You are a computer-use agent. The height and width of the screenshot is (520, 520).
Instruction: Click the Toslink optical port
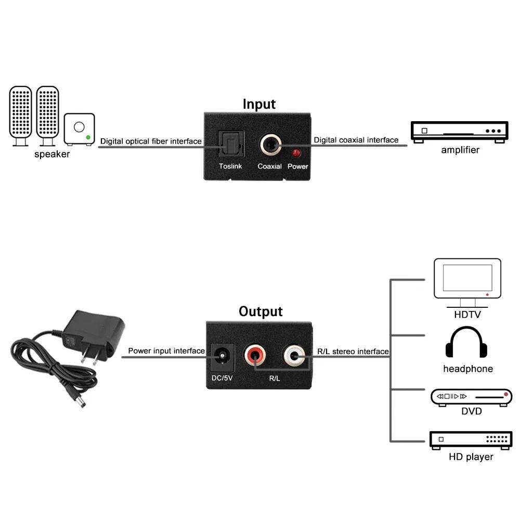pyautogui.click(x=229, y=144)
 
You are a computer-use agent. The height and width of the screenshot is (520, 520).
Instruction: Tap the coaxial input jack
pyautogui.click(x=270, y=145)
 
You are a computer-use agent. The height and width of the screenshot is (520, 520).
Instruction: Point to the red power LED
pyautogui.click(x=297, y=153)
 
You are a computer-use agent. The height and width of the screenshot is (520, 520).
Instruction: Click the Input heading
pyautogui.click(x=259, y=104)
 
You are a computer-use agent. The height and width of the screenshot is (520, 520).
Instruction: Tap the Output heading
pyautogui.click(x=261, y=311)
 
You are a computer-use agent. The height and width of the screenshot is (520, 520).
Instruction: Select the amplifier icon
pyautogui.click(x=459, y=132)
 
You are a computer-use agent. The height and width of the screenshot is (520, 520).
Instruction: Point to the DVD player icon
pyautogui.click(x=471, y=397)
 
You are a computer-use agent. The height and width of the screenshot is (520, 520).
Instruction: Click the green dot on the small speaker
pyautogui.click(x=88, y=138)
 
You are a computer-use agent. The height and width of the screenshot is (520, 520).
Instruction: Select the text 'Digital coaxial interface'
pyautogui.click(x=356, y=140)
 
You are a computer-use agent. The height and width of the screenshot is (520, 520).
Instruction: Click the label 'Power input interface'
pyautogui.click(x=166, y=351)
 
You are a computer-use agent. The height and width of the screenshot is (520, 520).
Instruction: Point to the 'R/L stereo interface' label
pyautogui.click(x=353, y=352)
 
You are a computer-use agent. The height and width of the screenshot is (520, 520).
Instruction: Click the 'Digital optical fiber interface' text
pyautogui.click(x=151, y=141)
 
